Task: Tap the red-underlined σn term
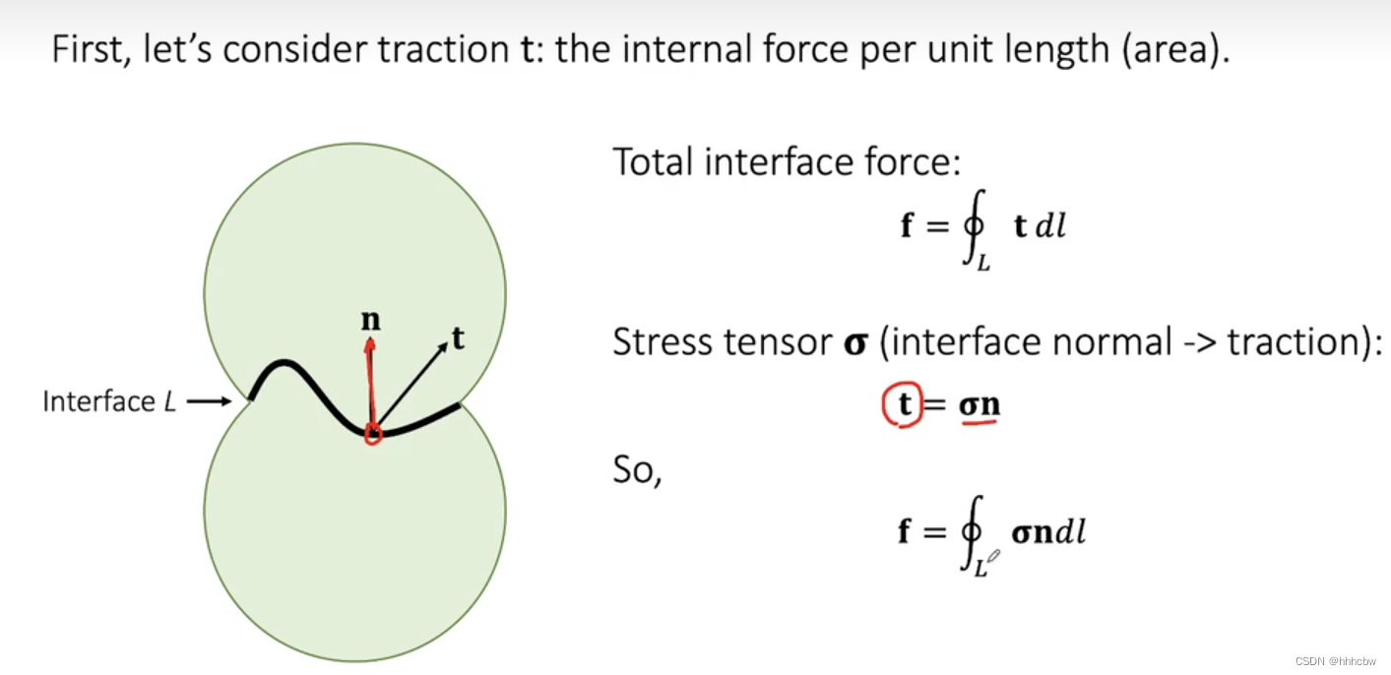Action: coord(979,406)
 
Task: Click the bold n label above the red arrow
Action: coord(371,322)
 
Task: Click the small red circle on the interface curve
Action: coord(372,433)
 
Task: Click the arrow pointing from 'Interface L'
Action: coord(208,401)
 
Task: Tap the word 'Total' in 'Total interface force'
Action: coord(651,161)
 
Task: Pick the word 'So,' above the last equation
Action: coord(637,470)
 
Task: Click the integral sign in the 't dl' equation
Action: coord(971,228)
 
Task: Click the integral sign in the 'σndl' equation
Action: coord(971,533)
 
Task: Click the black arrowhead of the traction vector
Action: coord(442,346)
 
